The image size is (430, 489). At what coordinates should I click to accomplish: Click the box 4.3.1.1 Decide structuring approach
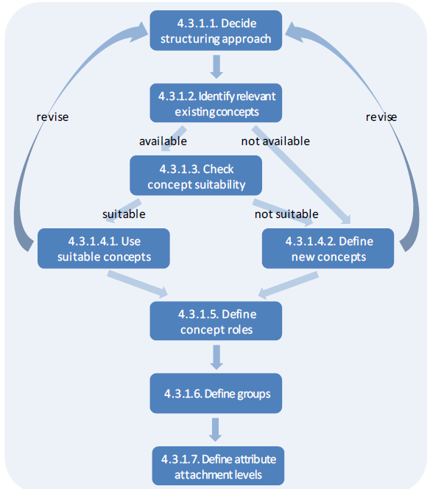(x=216, y=31)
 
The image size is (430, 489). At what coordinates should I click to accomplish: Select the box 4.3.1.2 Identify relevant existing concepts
(x=216, y=103)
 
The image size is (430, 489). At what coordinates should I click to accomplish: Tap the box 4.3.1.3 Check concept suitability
(x=196, y=175)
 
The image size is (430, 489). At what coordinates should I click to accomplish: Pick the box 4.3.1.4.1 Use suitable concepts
(x=104, y=249)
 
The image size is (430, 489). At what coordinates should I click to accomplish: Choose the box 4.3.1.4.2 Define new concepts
(x=328, y=249)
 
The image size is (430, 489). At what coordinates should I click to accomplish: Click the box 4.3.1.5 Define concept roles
(x=216, y=321)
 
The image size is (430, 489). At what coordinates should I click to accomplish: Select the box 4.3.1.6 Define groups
(x=216, y=393)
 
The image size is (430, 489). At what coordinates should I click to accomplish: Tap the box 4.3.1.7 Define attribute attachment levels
(x=218, y=466)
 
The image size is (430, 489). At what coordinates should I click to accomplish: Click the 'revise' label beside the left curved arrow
(x=52, y=117)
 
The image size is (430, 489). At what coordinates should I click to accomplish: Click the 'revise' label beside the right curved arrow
(x=381, y=117)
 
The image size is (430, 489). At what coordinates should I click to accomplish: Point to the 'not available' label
(x=275, y=141)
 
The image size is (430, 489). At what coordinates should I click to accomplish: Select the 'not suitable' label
(x=286, y=214)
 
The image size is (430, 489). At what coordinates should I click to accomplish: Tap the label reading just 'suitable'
(x=124, y=214)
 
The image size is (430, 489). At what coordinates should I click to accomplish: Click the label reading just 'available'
(x=163, y=141)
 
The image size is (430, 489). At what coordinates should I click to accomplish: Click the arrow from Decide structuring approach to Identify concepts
(x=216, y=67)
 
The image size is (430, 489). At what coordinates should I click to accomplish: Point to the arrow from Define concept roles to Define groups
(x=216, y=357)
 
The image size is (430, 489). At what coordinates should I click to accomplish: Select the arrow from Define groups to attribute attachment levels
(x=216, y=430)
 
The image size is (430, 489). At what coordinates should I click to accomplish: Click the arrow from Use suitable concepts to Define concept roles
(x=138, y=284)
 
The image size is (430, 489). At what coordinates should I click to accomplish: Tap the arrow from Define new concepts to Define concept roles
(x=289, y=285)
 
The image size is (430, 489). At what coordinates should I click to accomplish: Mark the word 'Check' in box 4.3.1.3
(x=218, y=169)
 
